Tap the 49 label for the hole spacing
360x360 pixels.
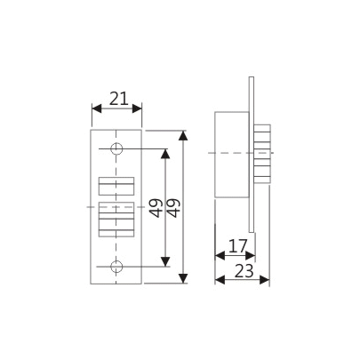coord(154,208)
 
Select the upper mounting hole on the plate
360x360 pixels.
coord(116,148)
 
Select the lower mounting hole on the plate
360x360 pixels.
coord(116,267)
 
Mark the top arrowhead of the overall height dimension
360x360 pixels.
coord(183,136)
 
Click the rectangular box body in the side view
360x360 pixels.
coord(232,154)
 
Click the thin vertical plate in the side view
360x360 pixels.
coord(252,213)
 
